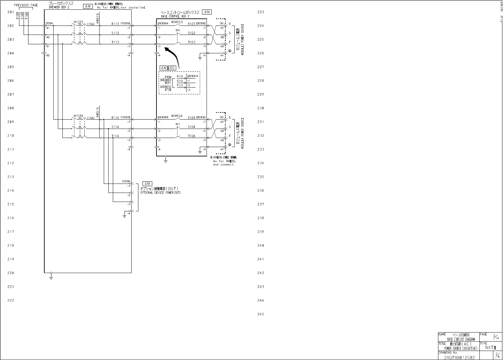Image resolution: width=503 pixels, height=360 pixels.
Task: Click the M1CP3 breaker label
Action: (x=79, y=22)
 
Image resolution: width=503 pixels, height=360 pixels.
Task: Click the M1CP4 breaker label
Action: (x=79, y=116)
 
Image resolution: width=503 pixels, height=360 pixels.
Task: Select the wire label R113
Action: (x=115, y=24)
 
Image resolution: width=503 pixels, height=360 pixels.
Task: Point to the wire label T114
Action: (x=115, y=136)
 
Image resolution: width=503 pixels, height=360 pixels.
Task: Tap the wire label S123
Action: (x=192, y=33)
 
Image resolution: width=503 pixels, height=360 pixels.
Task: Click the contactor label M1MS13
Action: (x=177, y=22)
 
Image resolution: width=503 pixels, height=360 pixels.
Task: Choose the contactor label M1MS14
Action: (x=177, y=116)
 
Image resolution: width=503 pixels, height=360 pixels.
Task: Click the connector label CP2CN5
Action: (x=126, y=181)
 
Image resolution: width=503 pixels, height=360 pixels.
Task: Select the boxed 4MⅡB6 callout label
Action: (x=167, y=68)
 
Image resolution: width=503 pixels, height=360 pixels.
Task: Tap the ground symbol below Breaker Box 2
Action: (x=51, y=277)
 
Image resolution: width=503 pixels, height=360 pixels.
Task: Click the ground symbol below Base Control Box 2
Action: (x=166, y=160)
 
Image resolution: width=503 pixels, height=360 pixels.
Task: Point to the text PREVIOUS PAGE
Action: (x=26, y=5)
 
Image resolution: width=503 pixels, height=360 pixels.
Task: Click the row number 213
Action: (x=11, y=177)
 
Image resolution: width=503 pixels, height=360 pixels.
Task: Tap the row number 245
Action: (x=261, y=314)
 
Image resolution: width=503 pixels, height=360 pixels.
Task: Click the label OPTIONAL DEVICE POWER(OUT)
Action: (x=161, y=193)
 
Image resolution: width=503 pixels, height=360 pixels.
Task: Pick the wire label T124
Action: (x=192, y=136)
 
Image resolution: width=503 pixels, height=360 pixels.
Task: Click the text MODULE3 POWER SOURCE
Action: (x=242, y=39)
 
